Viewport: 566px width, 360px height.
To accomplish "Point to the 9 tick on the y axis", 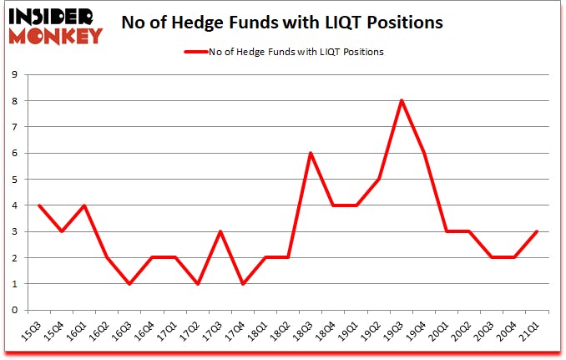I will tap(16, 75).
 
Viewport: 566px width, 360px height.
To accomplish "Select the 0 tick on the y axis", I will tap(16, 310).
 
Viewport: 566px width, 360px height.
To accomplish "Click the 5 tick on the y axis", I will tap(16, 180).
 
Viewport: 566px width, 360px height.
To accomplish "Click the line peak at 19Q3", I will tap(402, 101).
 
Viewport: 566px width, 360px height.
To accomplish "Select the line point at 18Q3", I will tap(311, 153).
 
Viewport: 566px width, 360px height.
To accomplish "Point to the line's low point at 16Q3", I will tap(129, 284).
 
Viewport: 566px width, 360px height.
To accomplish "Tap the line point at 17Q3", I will tap(220, 231).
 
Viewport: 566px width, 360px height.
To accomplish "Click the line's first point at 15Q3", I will tap(38, 205).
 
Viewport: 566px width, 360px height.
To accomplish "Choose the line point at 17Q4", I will tap(242, 284).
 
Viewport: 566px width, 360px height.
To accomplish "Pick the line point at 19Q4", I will tap(424, 153).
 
